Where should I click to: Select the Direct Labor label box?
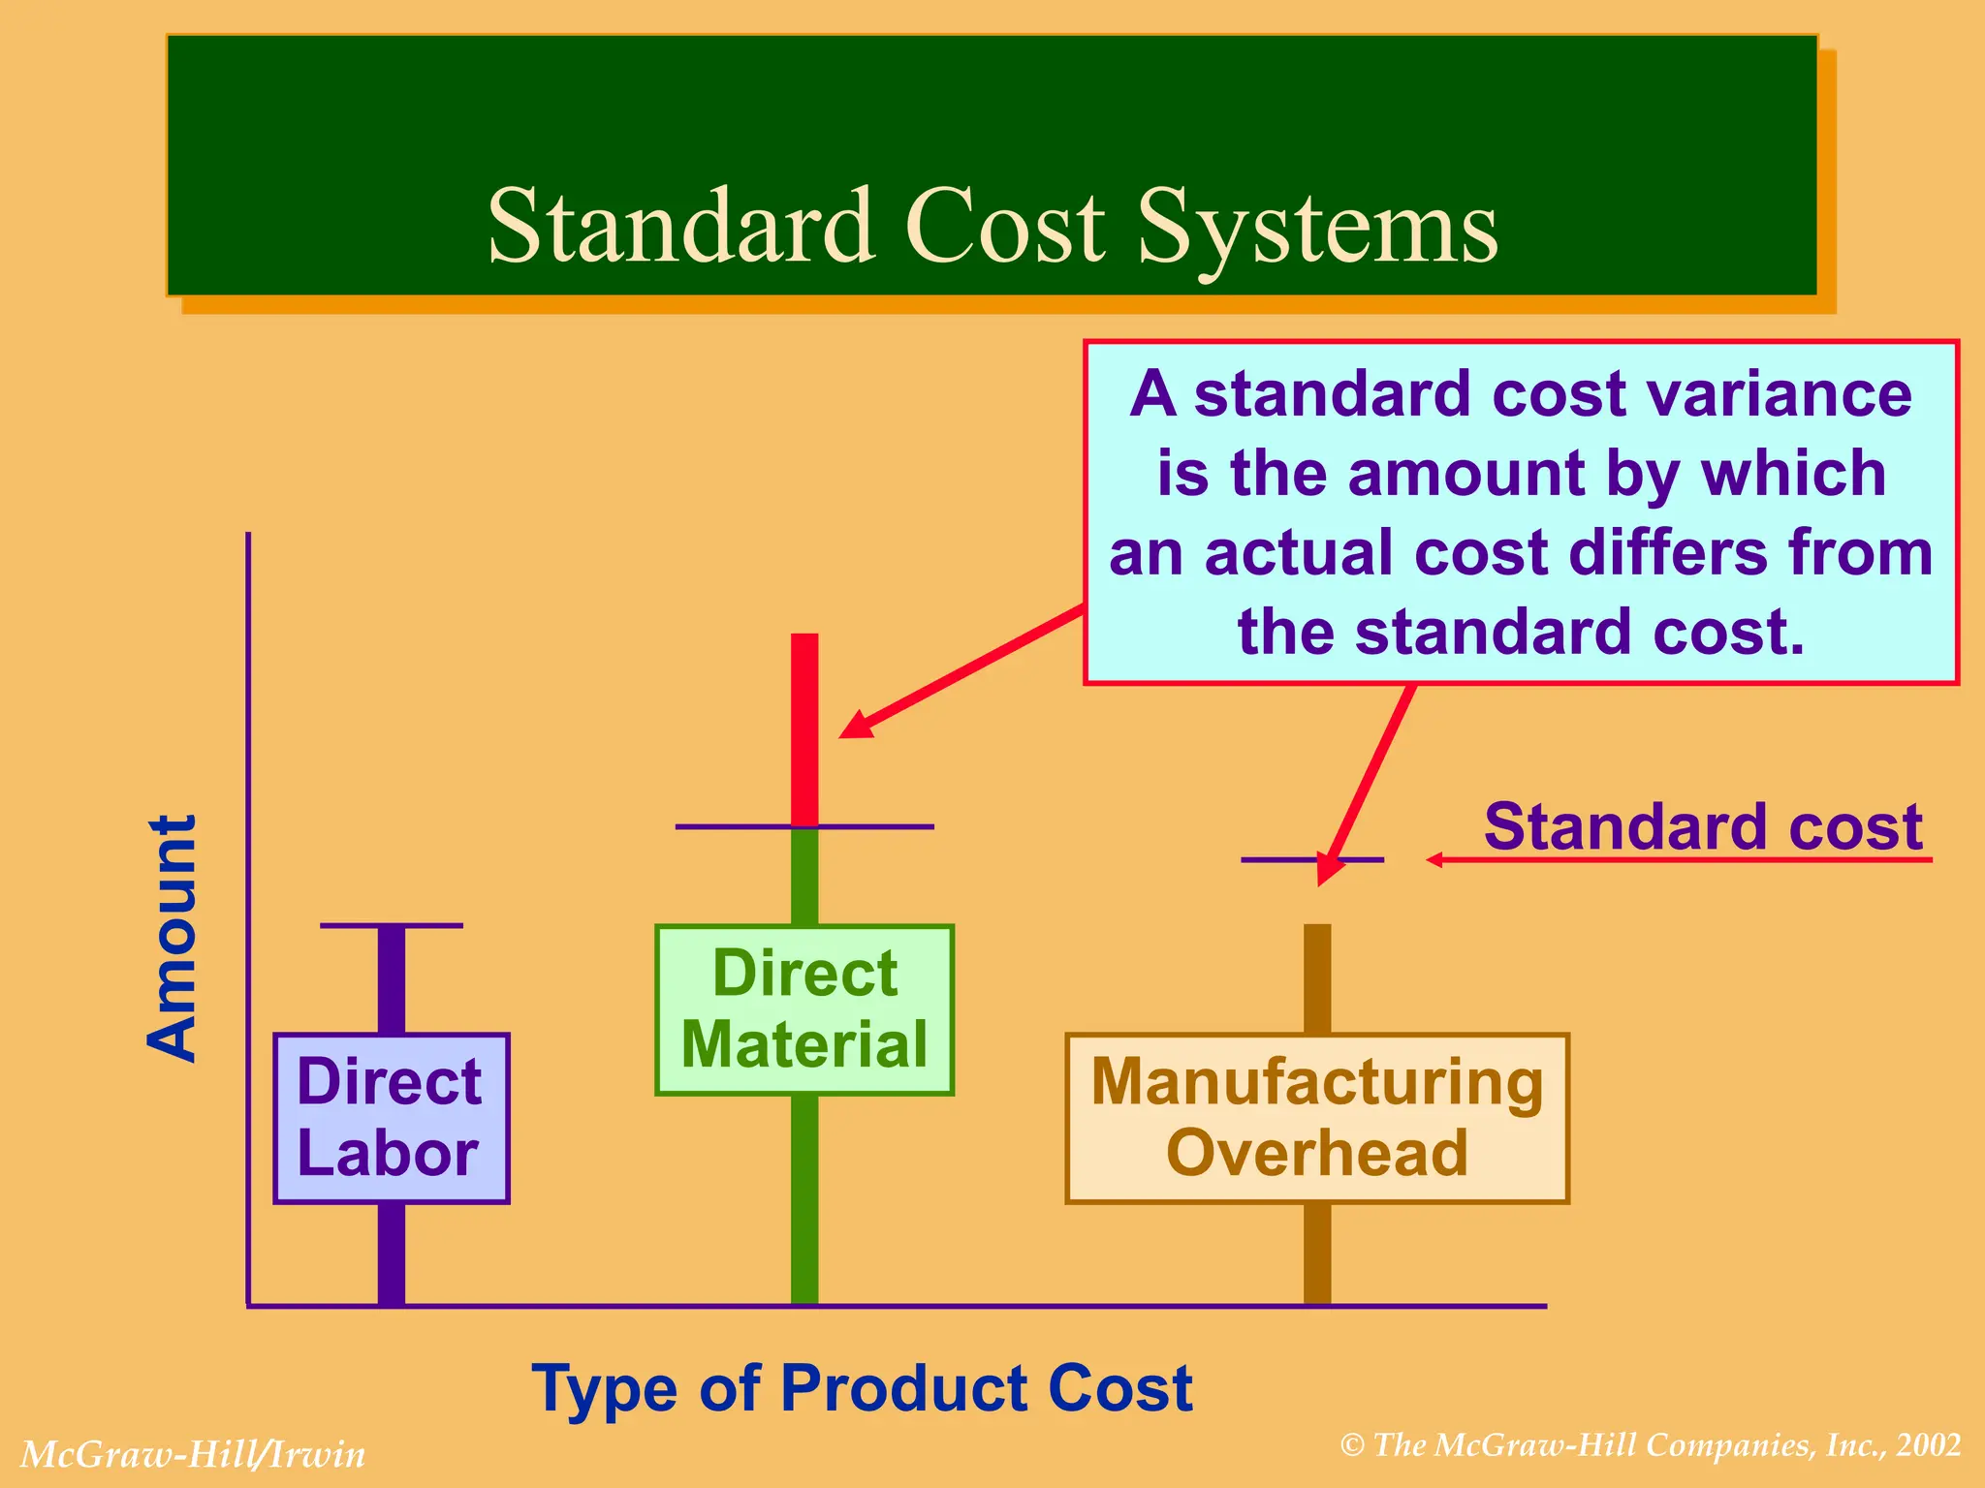click(x=391, y=1118)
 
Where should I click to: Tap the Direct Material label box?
click(x=804, y=1009)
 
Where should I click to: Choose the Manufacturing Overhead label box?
click(x=1316, y=1118)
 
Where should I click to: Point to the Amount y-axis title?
click(x=173, y=938)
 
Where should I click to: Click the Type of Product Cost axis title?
click(x=862, y=1388)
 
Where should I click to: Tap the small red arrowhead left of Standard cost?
click(x=1435, y=859)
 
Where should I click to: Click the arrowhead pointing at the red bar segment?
click(x=856, y=726)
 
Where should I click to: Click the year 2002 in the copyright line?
click(x=1929, y=1445)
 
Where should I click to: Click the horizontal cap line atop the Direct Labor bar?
click(x=391, y=926)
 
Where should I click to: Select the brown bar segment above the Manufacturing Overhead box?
click(x=1316, y=978)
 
